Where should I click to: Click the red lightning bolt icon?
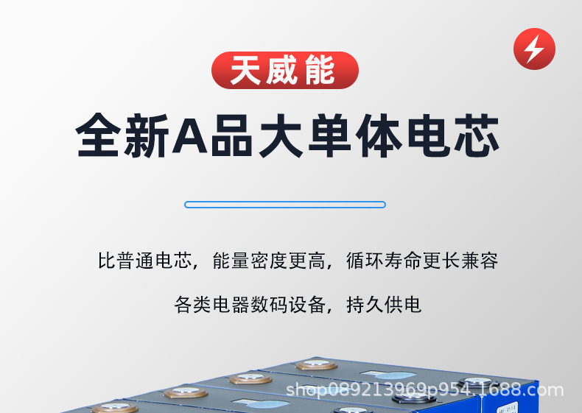(534, 49)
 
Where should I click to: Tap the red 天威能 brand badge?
(284, 71)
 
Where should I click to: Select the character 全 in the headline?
(99, 135)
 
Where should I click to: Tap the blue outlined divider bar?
(285, 205)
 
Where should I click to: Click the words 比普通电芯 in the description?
(145, 261)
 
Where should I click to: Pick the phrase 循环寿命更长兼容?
(422, 261)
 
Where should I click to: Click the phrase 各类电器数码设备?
(250, 305)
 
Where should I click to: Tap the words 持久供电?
(384, 305)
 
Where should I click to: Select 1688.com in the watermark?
(526, 390)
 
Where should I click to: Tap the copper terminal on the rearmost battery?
(316, 365)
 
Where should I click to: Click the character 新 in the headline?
(145, 135)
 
